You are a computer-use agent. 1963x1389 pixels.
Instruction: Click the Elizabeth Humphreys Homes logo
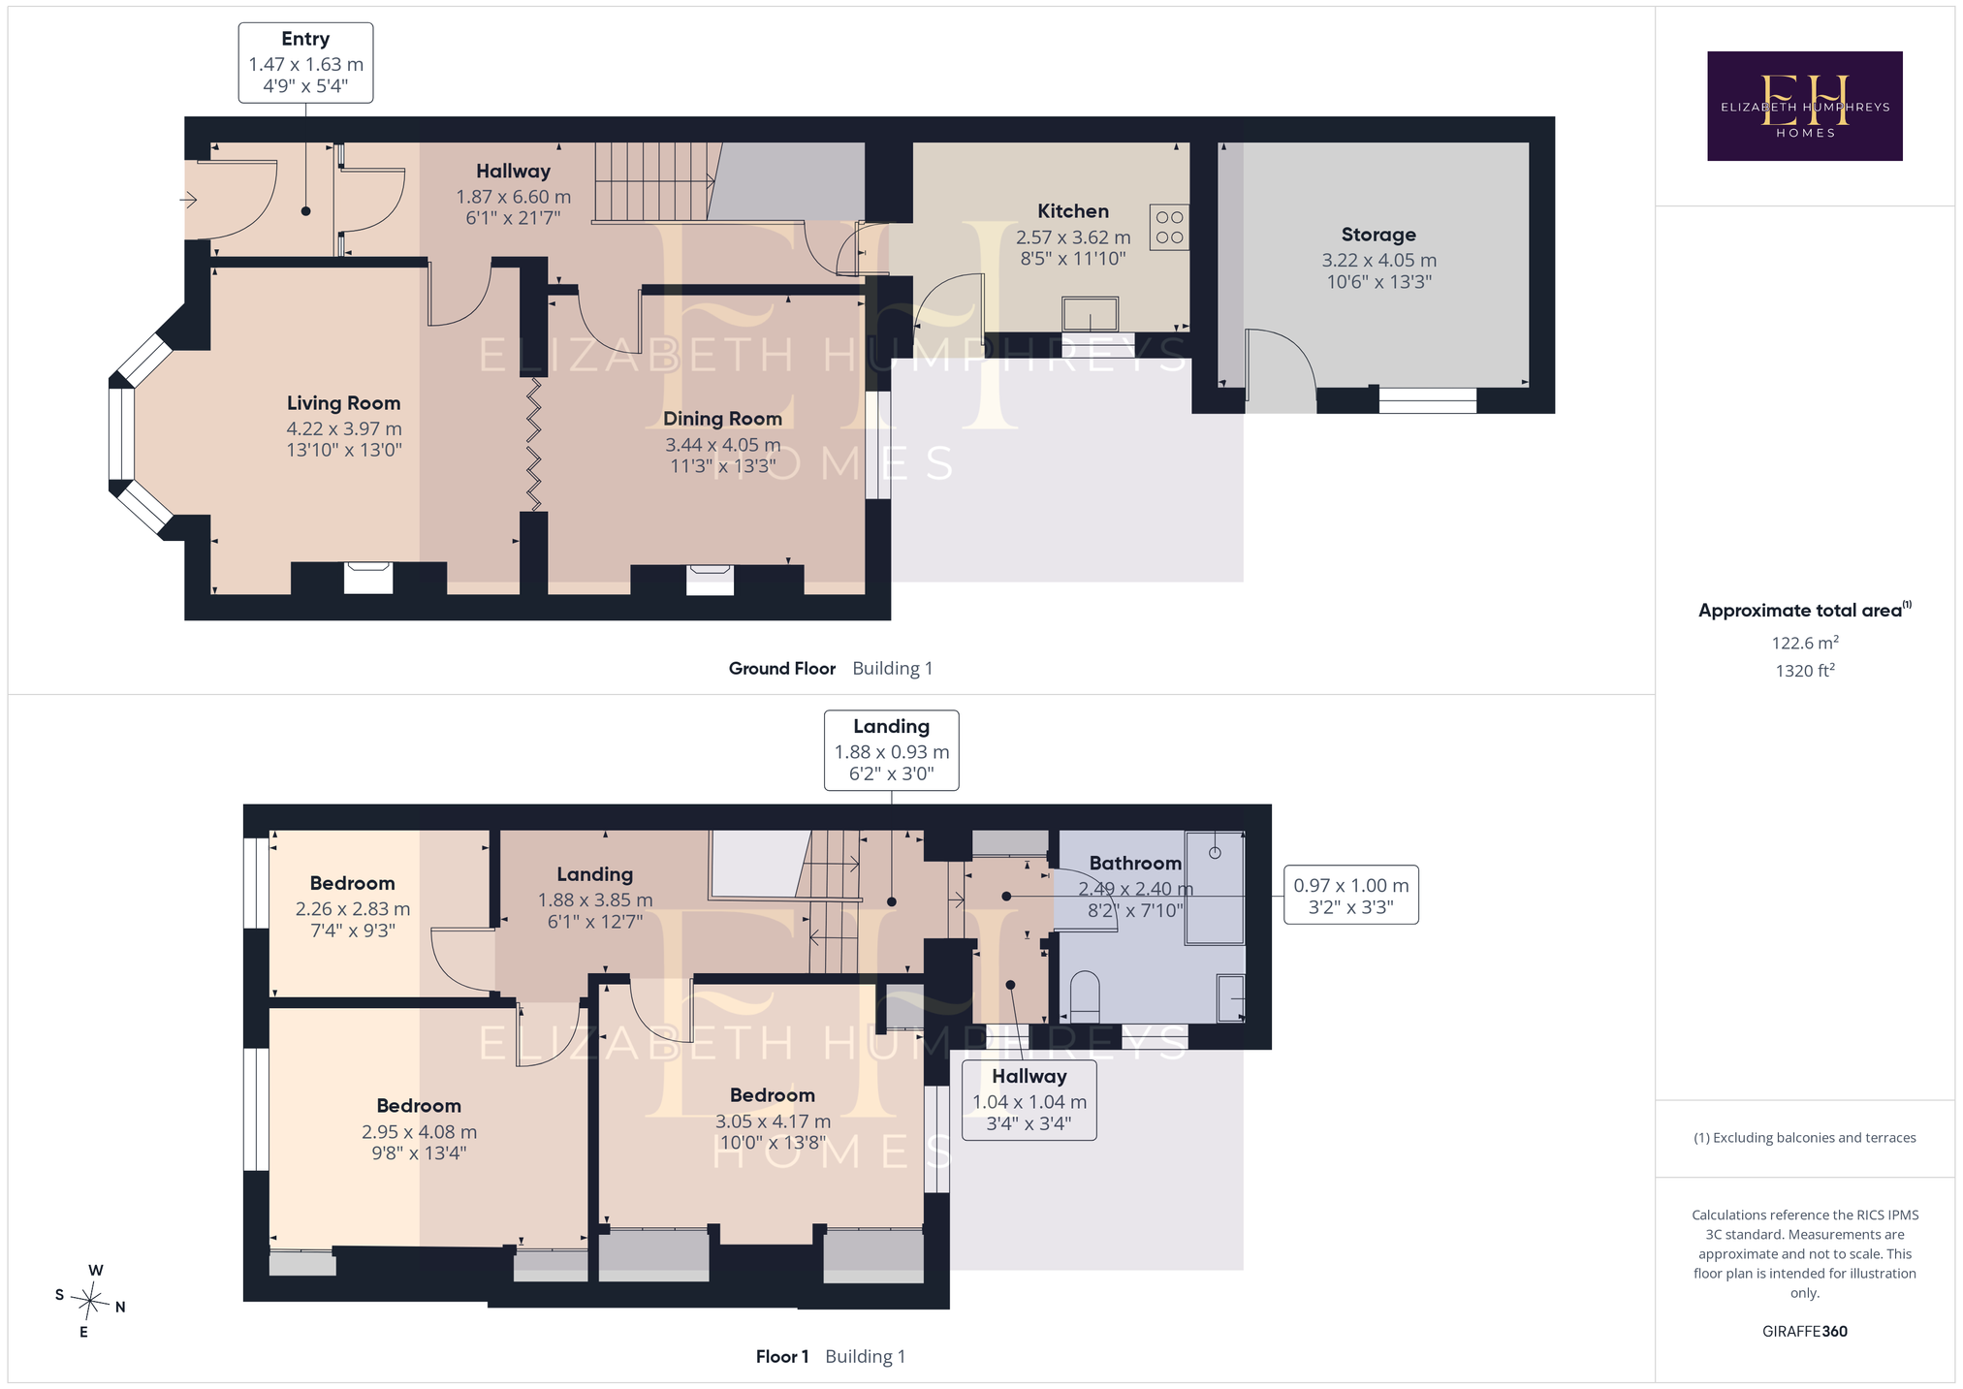(1804, 106)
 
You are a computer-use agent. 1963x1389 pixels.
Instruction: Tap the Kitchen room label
(1073, 211)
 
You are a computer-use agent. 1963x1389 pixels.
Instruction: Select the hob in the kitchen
(1169, 227)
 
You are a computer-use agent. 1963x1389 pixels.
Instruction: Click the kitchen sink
(1090, 314)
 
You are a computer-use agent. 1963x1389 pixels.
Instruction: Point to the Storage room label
(1378, 235)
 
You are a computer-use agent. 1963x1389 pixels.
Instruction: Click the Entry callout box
(305, 63)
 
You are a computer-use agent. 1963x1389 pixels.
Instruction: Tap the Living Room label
(343, 403)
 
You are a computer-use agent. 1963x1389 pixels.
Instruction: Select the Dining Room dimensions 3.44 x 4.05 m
(722, 445)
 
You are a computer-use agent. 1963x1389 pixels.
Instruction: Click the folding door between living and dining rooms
(534, 444)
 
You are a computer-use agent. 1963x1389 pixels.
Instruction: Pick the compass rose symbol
(90, 1301)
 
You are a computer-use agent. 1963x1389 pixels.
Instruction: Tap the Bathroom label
(1135, 863)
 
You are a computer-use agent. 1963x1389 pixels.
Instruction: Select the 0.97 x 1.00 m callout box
(1350, 895)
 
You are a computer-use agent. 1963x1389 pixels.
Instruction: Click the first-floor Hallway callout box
(1029, 1100)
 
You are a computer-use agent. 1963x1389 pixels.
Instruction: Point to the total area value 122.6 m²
(1805, 643)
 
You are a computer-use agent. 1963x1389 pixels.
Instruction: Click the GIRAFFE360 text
(1804, 1331)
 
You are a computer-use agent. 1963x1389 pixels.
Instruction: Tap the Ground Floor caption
(781, 668)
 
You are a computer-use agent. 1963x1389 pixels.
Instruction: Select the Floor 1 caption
(781, 1356)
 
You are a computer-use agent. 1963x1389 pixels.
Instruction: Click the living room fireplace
(368, 578)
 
